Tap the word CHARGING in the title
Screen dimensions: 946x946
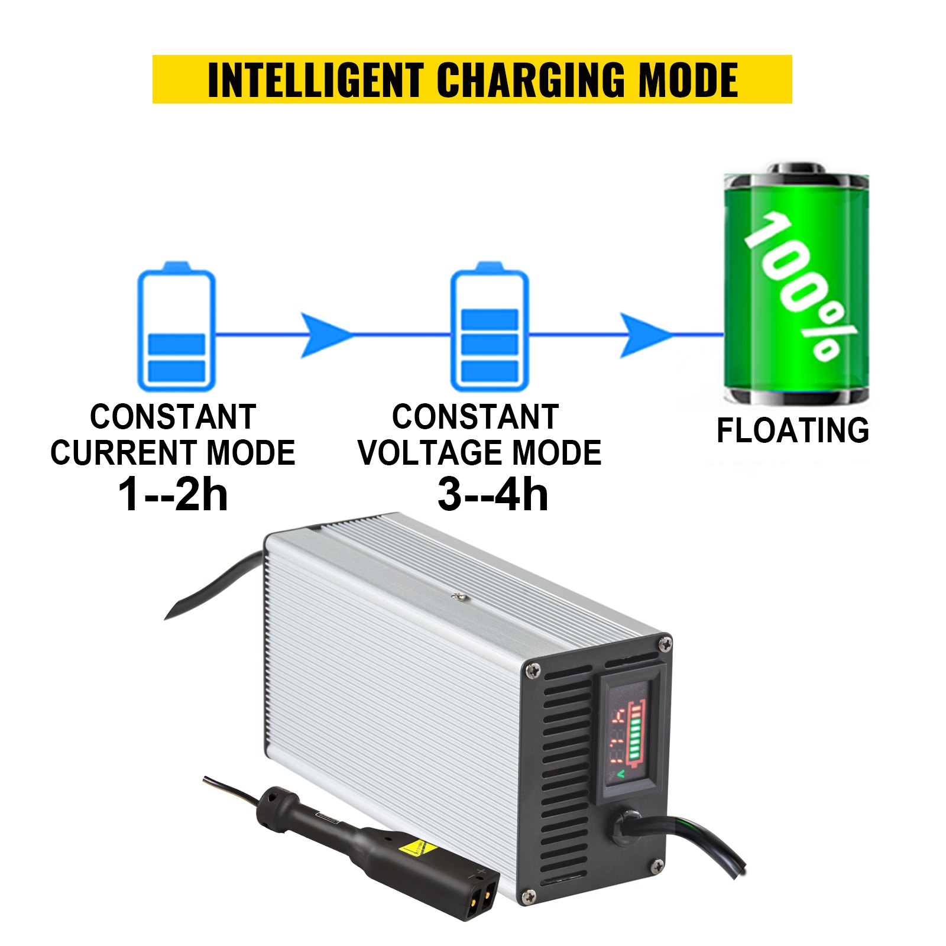pyautogui.click(x=529, y=80)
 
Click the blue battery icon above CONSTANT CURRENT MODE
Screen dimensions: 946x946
pyautogui.click(x=176, y=327)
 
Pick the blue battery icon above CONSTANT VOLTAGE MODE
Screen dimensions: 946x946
pyautogui.click(x=489, y=327)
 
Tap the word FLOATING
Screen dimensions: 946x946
pyautogui.click(x=793, y=430)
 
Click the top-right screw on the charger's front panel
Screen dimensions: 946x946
pyautogui.click(x=665, y=643)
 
